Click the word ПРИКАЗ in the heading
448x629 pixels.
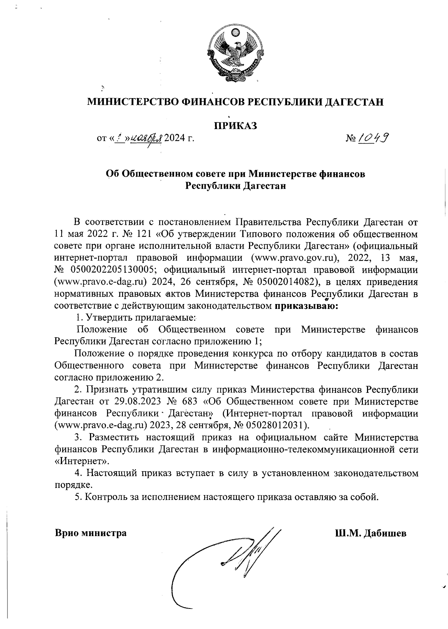pos(235,125)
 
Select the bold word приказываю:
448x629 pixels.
pos(307,306)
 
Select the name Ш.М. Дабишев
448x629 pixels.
pos(370,533)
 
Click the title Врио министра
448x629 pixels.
pos(91,533)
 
